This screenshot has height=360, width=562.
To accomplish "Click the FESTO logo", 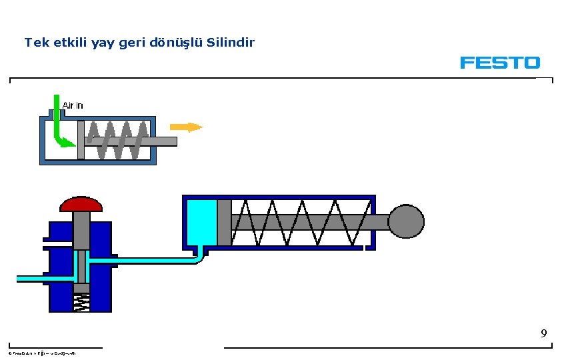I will pos(499,63).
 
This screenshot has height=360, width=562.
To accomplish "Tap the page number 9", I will pos(544,333).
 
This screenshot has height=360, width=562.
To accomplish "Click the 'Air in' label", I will pos(73,105).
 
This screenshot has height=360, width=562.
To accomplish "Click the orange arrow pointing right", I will pos(186,127).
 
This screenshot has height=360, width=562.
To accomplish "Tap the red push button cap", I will pos(82,203).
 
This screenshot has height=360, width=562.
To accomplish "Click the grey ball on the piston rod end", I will pos(406,221).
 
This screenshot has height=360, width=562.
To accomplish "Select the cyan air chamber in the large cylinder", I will pos(201,223).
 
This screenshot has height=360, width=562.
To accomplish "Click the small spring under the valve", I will pos(81,303).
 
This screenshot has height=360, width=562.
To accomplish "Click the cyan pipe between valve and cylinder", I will pos(153,259).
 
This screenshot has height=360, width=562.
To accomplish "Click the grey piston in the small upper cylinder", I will pos(81,140).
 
